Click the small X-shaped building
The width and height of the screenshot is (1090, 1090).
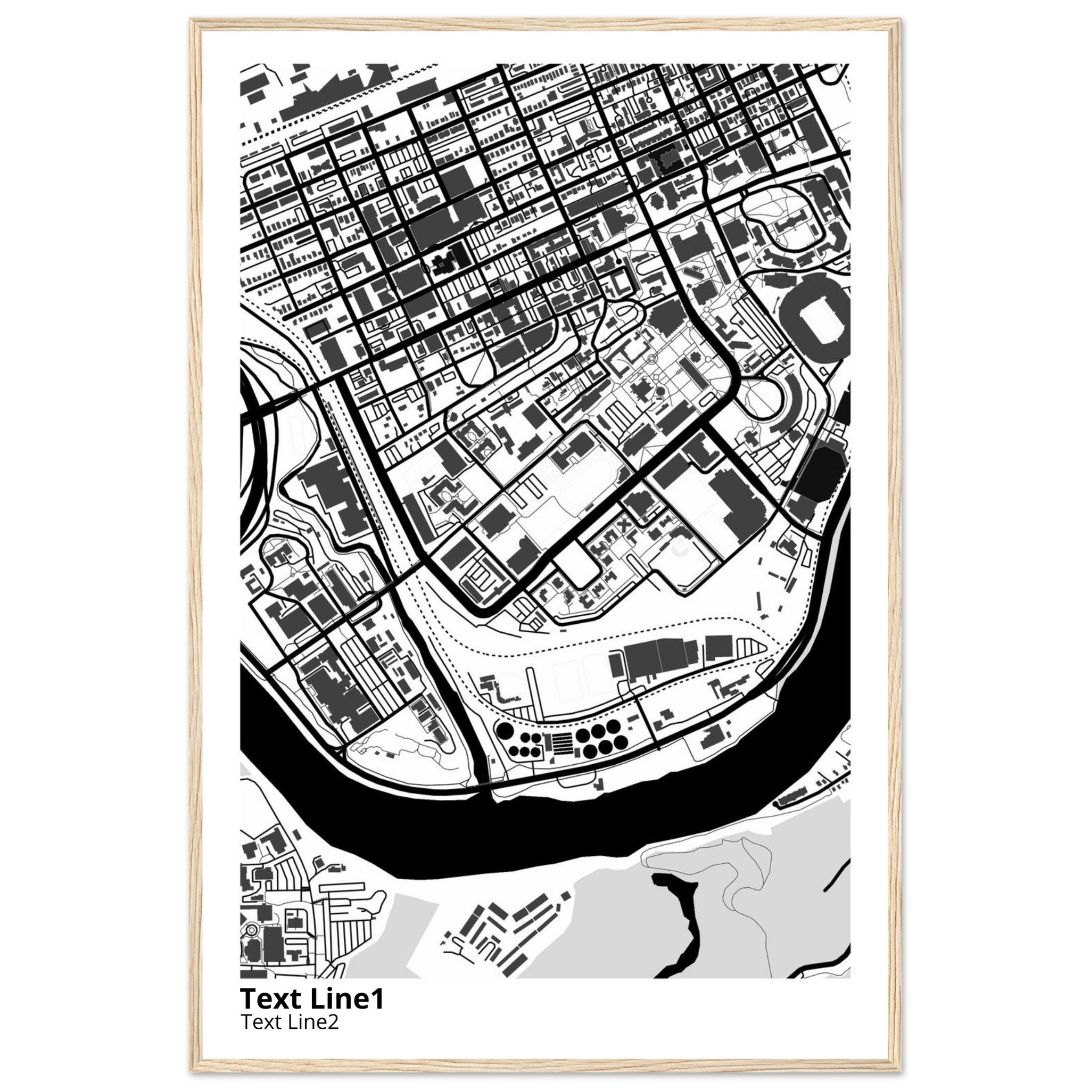[624, 525]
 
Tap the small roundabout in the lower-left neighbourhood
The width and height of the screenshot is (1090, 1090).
[251, 945]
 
